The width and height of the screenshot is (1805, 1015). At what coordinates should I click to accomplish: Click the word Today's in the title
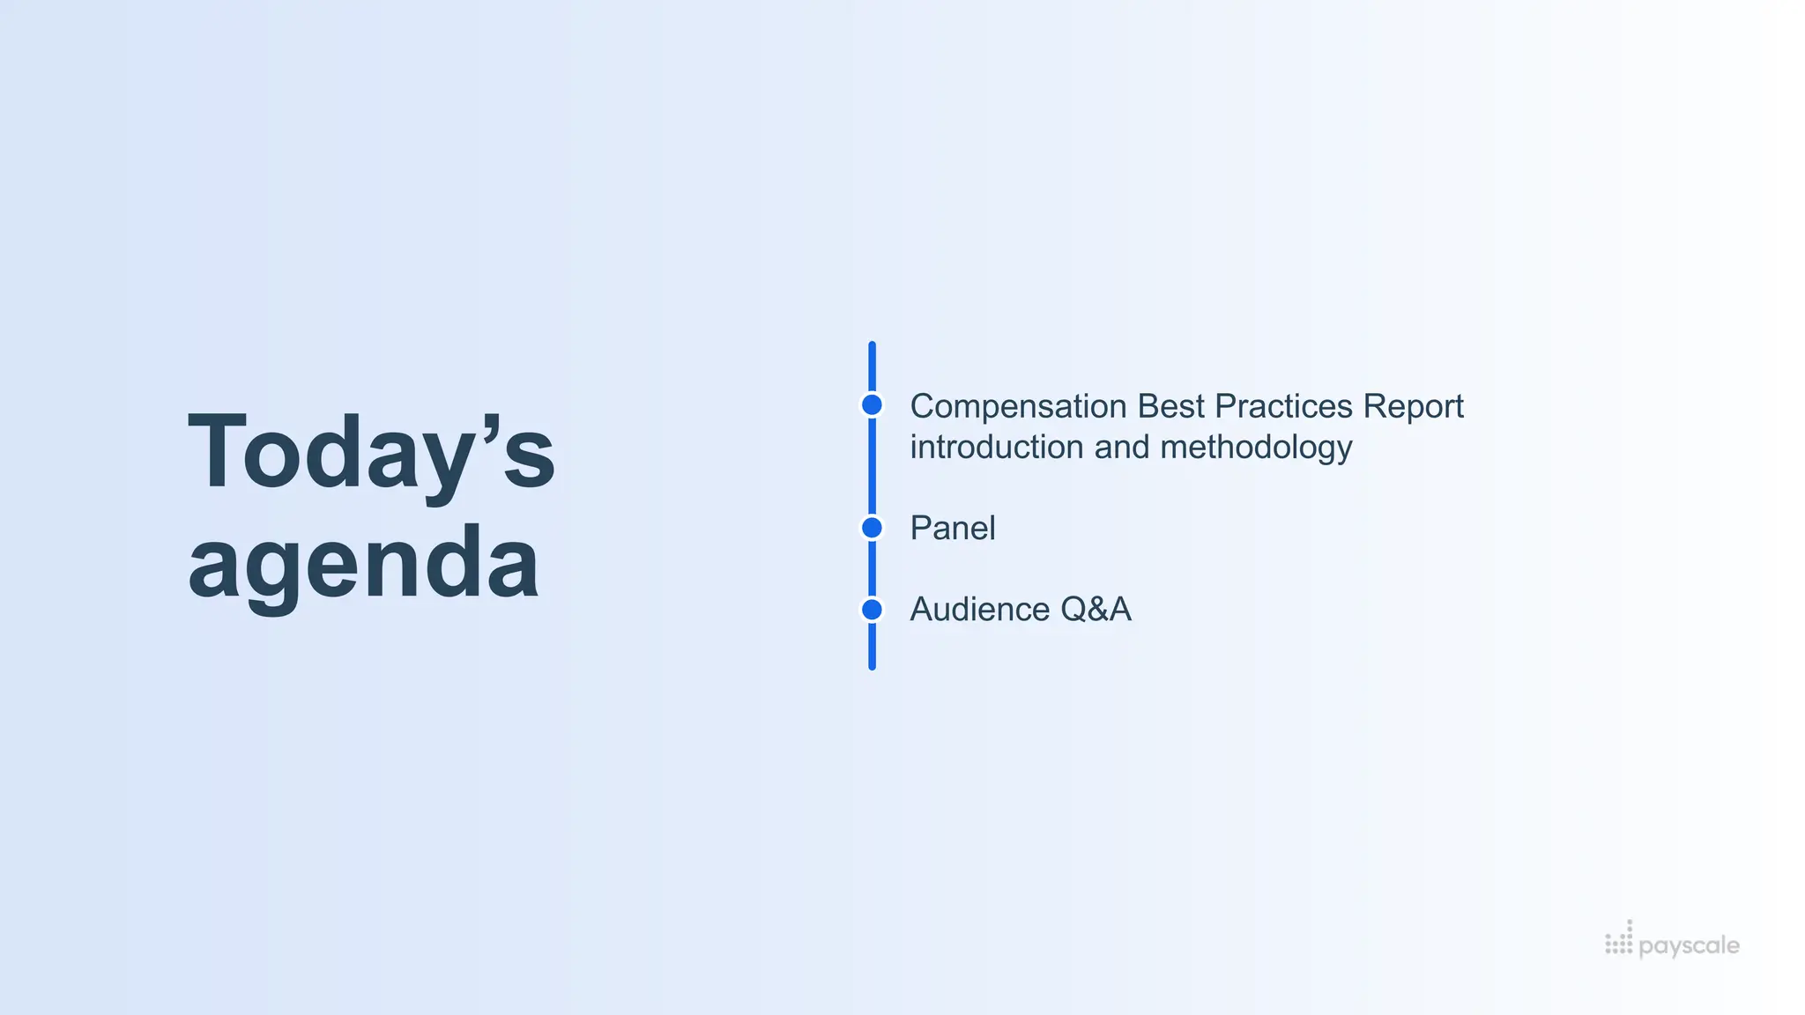tap(370, 454)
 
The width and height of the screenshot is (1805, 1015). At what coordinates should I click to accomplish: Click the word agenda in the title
tap(363, 564)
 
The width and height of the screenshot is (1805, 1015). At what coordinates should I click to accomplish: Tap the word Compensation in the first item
tap(1018, 406)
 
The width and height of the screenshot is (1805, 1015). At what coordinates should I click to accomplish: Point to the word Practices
tap(1283, 406)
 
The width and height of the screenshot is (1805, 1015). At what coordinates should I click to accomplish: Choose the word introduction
tap(997, 447)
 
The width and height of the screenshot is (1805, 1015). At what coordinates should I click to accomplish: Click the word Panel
tap(953, 528)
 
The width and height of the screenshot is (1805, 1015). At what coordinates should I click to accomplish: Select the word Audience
tap(979, 609)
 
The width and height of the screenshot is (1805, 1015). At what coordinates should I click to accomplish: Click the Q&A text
tap(1096, 609)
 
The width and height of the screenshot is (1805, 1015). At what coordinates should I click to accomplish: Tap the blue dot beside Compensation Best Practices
tap(872, 404)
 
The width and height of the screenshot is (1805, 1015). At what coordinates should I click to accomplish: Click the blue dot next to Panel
tap(872, 528)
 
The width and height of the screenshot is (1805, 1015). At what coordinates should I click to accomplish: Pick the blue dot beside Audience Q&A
tap(872, 609)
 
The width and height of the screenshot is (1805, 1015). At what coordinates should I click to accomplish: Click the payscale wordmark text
tap(1689, 946)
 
